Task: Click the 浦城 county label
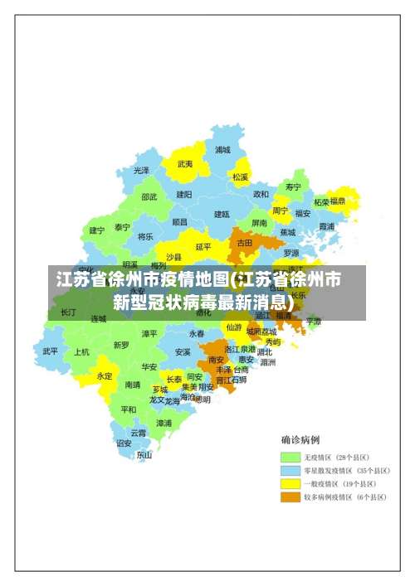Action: [x=222, y=150]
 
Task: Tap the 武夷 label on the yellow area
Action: [x=184, y=164]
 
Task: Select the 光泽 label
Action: [x=141, y=170]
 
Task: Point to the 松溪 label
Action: [x=240, y=177]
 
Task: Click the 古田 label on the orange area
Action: [x=244, y=244]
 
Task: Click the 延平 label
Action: [x=203, y=246]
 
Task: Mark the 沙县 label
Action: [x=173, y=257]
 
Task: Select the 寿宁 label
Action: [x=292, y=186]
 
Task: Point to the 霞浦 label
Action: [x=326, y=225]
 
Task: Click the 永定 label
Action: [x=105, y=375]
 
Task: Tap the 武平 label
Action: [x=51, y=351]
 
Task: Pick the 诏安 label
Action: [x=124, y=443]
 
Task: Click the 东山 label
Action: [x=144, y=454]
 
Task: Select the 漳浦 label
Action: [x=164, y=423]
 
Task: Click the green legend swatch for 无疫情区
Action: [x=290, y=458]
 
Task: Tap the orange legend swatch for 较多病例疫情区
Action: [x=290, y=497]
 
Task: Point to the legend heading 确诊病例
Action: [x=300, y=439]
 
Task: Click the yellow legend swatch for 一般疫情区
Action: [x=290, y=484]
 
